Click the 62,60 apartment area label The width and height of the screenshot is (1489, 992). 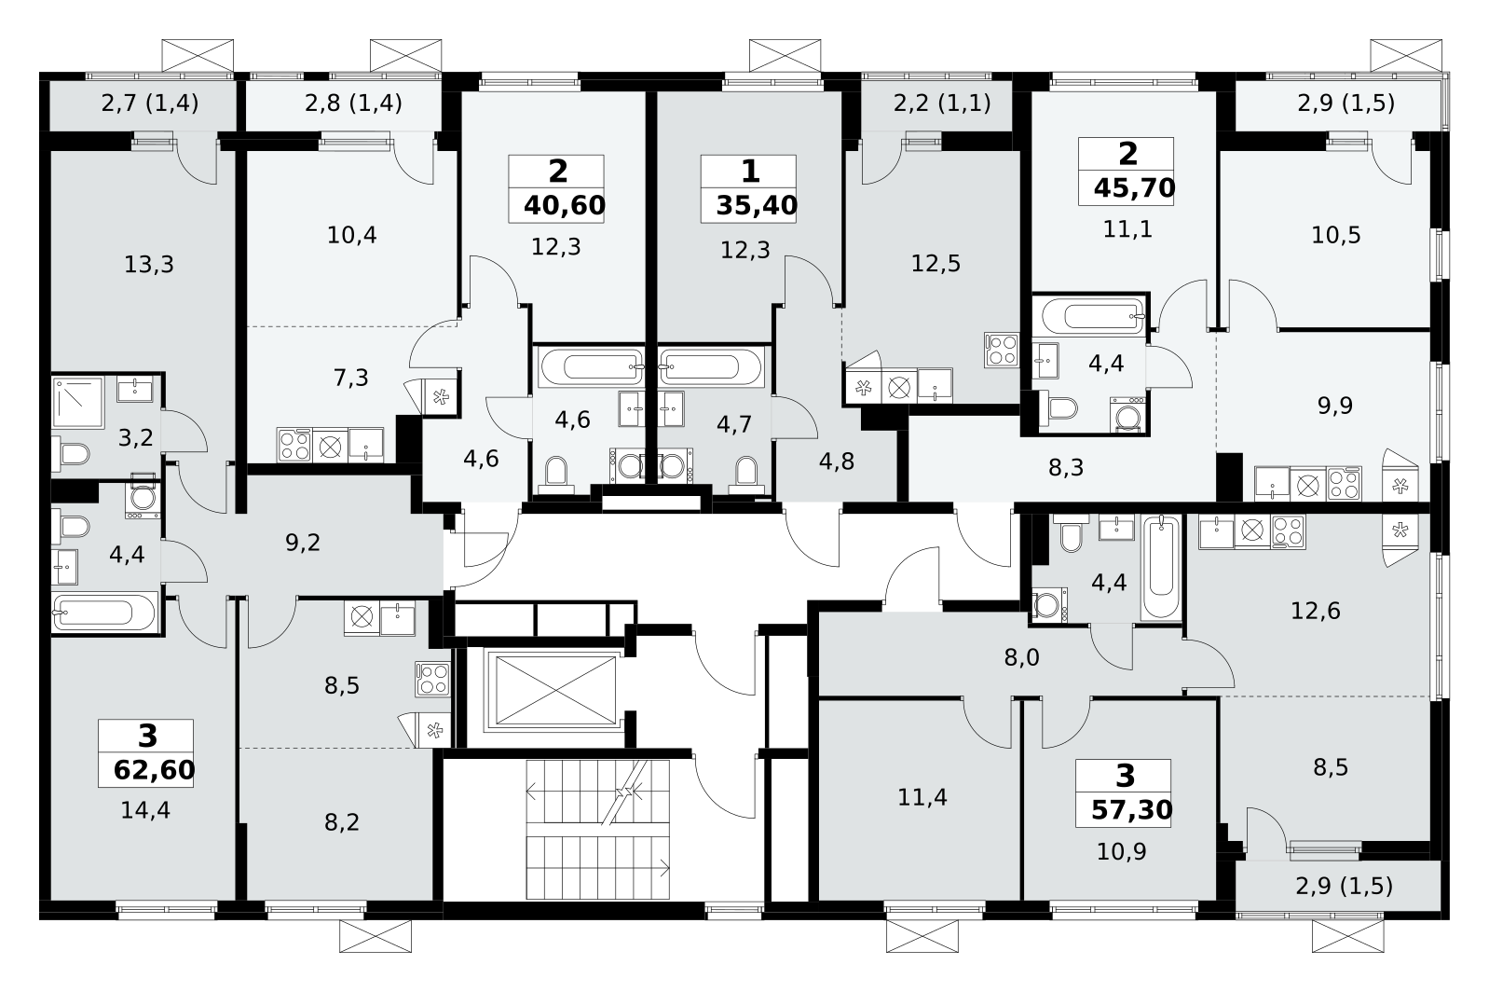click(x=155, y=770)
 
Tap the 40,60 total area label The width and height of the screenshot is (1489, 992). click(x=565, y=206)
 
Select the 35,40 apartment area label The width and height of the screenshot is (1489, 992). click(x=757, y=206)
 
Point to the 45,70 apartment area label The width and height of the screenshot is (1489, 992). click(x=1134, y=188)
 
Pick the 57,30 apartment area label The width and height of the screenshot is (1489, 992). click(x=1131, y=810)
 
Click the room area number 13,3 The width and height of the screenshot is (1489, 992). click(x=149, y=265)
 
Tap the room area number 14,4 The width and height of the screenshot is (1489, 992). click(x=145, y=810)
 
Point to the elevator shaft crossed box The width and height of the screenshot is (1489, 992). click(x=555, y=690)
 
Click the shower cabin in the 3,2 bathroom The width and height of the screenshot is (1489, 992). click(x=78, y=403)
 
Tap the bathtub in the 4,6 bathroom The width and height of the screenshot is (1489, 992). click(x=592, y=366)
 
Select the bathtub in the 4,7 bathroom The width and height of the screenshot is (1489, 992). click(x=709, y=366)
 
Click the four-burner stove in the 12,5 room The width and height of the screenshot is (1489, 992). click(x=1002, y=350)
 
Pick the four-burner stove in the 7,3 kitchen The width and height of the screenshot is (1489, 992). click(x=294, y=446)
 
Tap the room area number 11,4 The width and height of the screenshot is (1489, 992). click(x=922, y=797)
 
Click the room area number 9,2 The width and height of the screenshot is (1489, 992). click(x=303, y=543)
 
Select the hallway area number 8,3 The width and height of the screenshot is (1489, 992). click(x=1066, y=468)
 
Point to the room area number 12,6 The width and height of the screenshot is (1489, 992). click(x=1316, y=611)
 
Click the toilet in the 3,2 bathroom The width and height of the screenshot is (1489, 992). click(x=72, y=455)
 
